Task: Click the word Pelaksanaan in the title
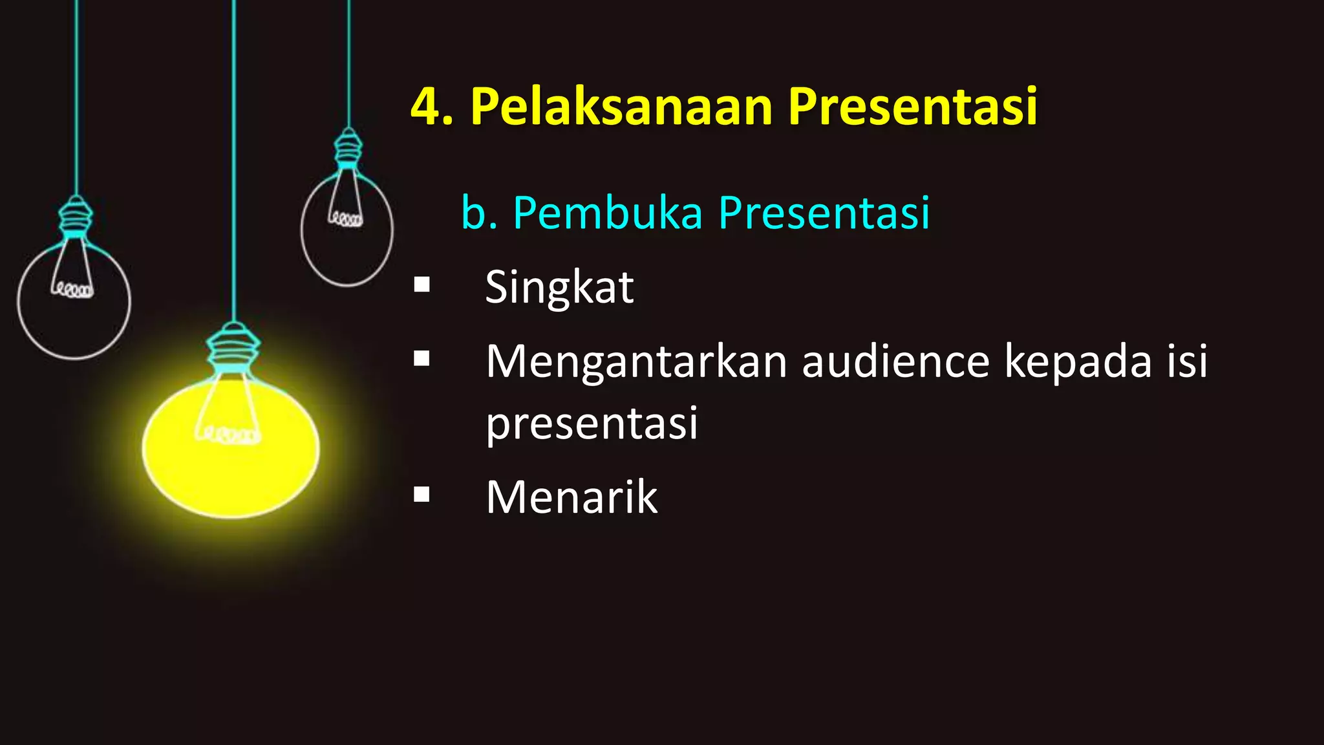pos(621,107)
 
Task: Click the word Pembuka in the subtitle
pos(607,213)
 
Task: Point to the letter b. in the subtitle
pos(479,213)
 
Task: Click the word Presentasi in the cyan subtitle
pos(824,213)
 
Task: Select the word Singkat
pos(559,287)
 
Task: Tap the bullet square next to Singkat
pos(422,285)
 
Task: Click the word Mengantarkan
pos(636,362)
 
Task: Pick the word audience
pos(895,362)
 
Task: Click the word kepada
pos(1078,363)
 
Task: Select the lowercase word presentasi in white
pos(592,424)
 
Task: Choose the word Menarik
pos(571,497)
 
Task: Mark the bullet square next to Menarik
pos(422,495)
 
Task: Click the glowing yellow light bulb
pos(230,453)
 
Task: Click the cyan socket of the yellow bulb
pos(233,349)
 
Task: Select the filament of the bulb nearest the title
pos(346,219)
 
